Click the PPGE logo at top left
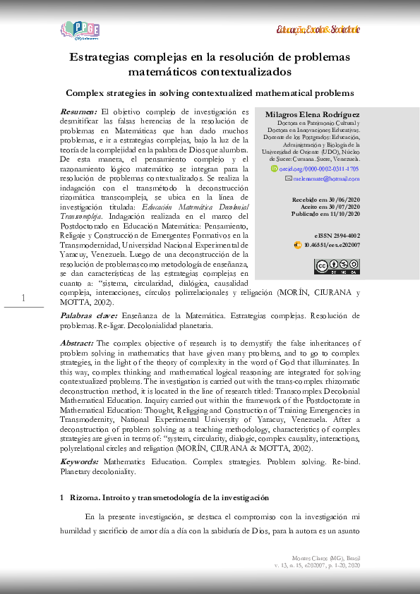80,30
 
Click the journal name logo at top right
318,30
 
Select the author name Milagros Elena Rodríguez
312,114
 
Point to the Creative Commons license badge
336,266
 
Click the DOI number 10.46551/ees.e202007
331,245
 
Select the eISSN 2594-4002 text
337,236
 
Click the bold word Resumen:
78,112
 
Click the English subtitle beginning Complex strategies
210,92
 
